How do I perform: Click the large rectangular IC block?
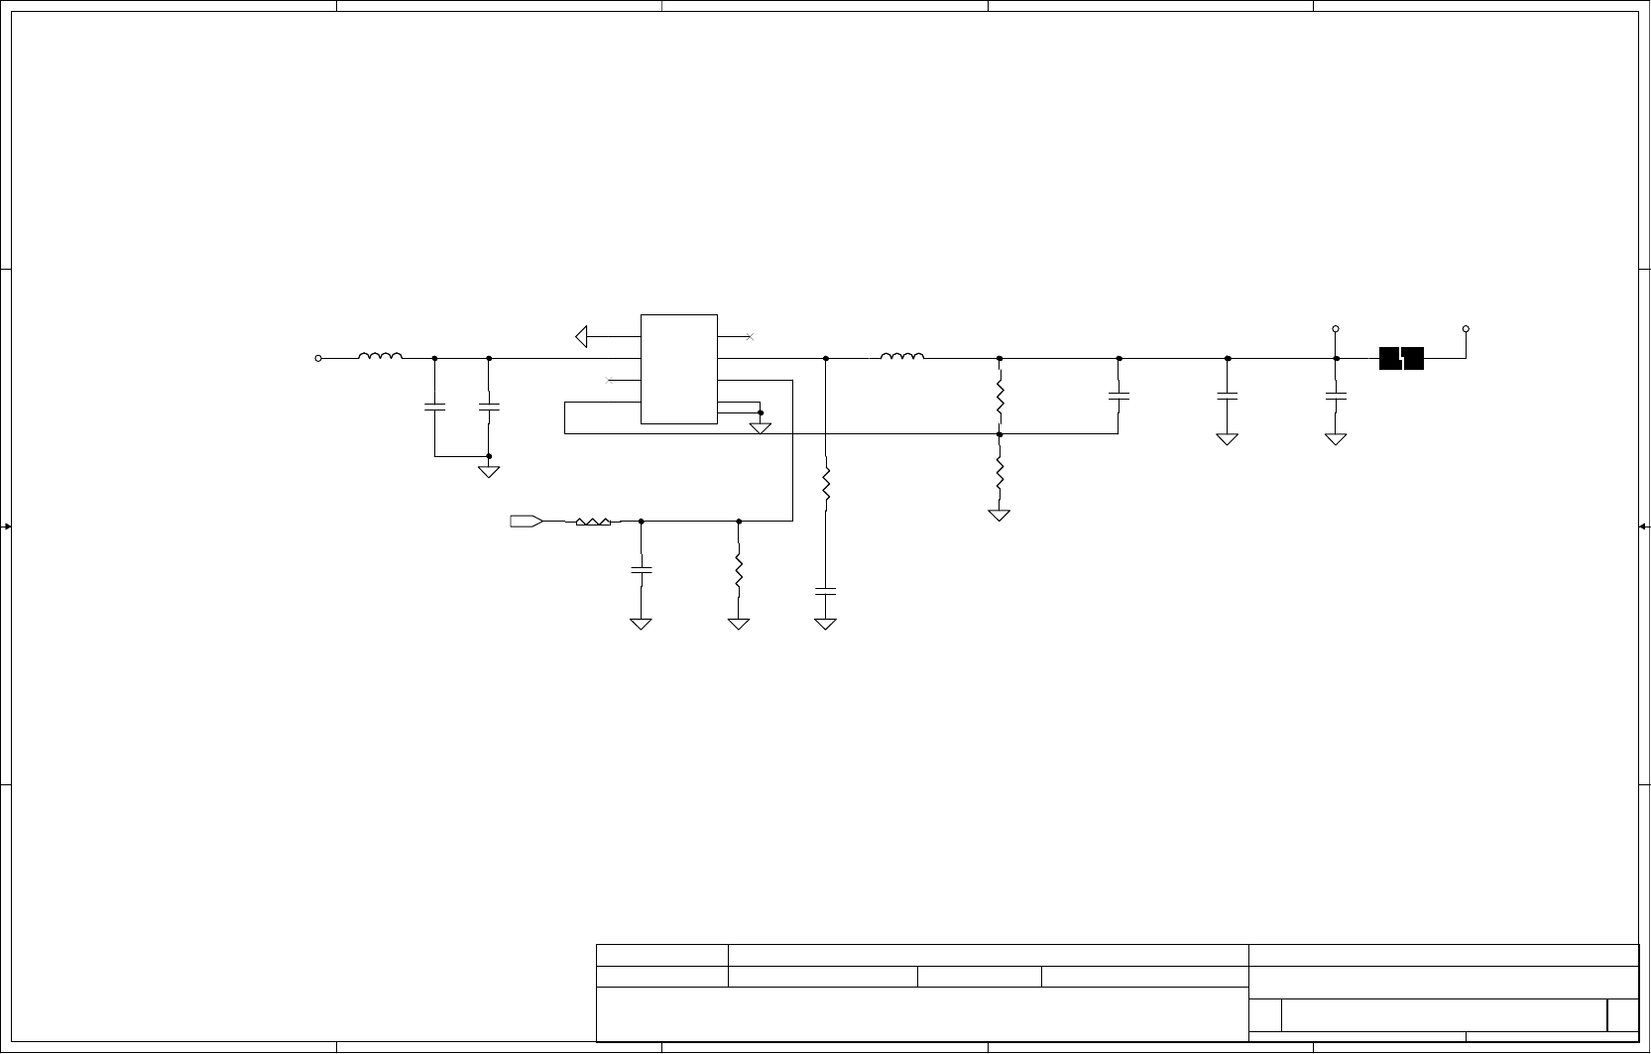pos(679,369)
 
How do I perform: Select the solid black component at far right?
pos(1401,359)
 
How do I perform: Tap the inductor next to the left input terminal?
pos(381,357)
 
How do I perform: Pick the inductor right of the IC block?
pos(902,357)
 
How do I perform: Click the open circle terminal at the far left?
pos(318,359)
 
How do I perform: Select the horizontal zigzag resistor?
pos(593,521)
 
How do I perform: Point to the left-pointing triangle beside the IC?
pos(582,337)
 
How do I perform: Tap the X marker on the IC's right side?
pos(750,337)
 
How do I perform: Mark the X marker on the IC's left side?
pos(609,380)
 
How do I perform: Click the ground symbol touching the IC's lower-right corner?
pos(761,428)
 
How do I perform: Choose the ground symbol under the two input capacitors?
pos(489,471)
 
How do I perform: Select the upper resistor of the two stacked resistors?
pos(1000,397)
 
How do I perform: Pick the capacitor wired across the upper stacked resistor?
pos(1119,396)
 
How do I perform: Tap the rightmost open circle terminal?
pos(1466,328)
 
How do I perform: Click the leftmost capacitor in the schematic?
pos(434,406)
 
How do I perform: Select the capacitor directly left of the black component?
pos(1336,396)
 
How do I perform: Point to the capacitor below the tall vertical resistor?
pos(825,591)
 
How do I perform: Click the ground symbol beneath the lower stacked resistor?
pos(999,516)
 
